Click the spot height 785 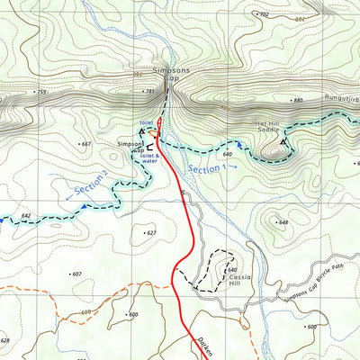click(150, 92)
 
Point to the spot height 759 click(40, 93)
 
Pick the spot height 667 click(86, 144)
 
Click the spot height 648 click(282, 222)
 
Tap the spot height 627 click(150, 233)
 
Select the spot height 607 click(76, 274)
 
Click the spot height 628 click(5, 341)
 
